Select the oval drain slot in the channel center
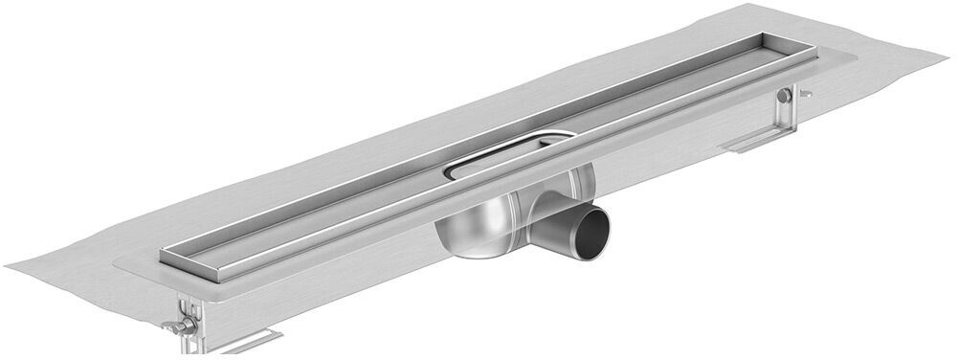tap(507, 155)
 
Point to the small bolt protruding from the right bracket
tap(806, 94)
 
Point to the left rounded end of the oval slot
tap(450, 171)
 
